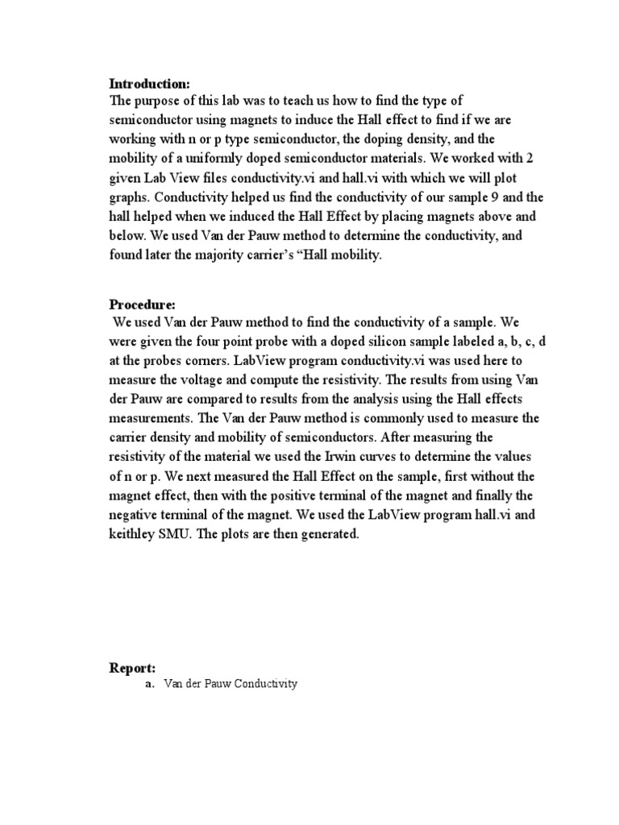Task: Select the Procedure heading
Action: (142, 305)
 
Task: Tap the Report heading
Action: (132, 667)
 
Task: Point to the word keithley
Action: (135, 535)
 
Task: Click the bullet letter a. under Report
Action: (149, 684)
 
